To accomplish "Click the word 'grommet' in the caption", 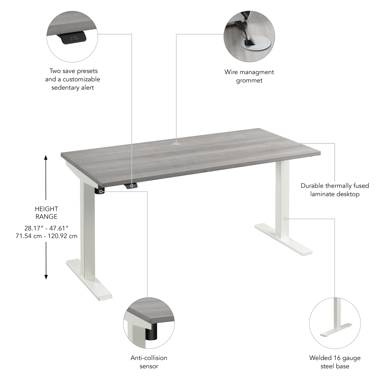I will pyautogui.click(x=249, y=80).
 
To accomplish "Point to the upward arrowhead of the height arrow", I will pyautogui.click(x=46, y=158).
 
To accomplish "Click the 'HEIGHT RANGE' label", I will pyautogui.click(x=46, y=213).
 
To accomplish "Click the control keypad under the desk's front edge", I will pyautogui.click(x=131, y=186).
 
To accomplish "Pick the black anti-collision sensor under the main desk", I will pyautogui.click(x=101, y=191).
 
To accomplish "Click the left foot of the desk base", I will pyautogui.click(x=89, y=279).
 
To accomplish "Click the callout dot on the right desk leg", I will pyautogui.click(x=285, y=219).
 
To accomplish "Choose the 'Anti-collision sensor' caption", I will pyautogui.click(x=149, y=362).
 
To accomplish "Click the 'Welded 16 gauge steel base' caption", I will pyautogui.click(x=334, y=362).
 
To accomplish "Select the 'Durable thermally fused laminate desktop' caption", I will pyautogui.click(x=334, y=190).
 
